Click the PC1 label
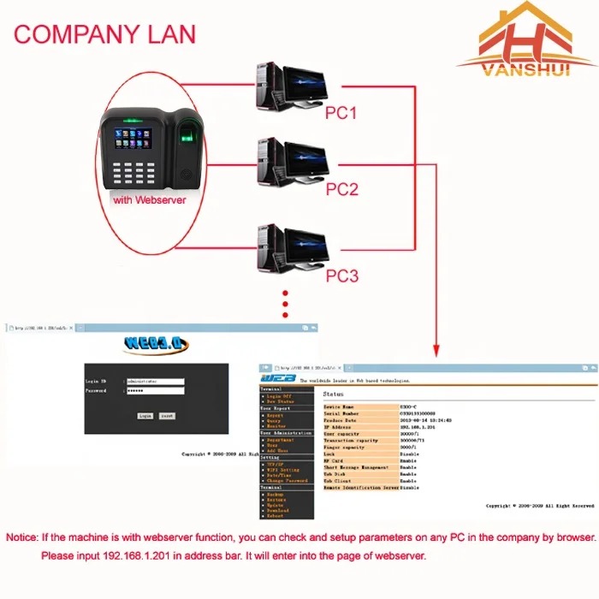[x=341, y=112]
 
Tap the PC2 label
[x=341, y=189]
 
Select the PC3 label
[x=341, y=276]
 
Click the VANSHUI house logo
[x=525, y=43]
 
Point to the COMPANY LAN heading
[x=104, y=34]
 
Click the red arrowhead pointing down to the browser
[x=436, y=350]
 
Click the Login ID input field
[x=154, y=380]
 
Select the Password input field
[x=154, y=390]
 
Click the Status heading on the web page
[x=334, y=394]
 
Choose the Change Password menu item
[x=286, y=480]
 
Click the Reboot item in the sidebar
[x=276, y=516]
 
